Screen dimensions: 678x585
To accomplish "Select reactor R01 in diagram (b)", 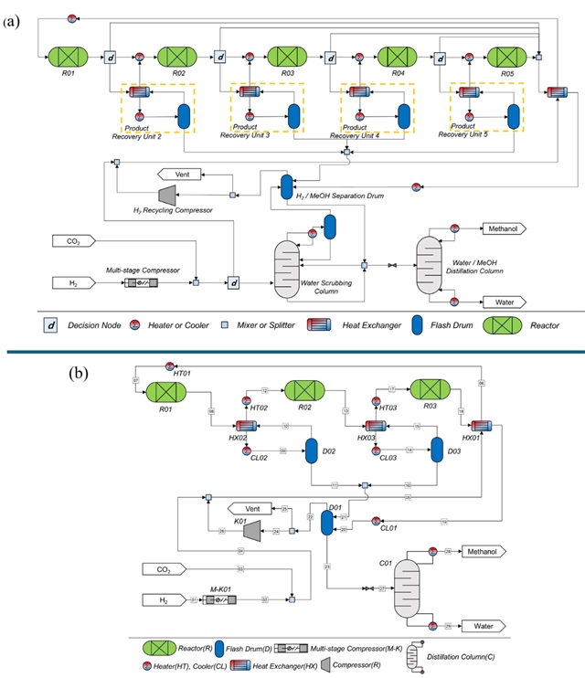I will (166, 392).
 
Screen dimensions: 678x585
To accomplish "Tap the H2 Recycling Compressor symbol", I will (166, 195).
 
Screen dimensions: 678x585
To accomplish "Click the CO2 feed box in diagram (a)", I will (74, 242).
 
